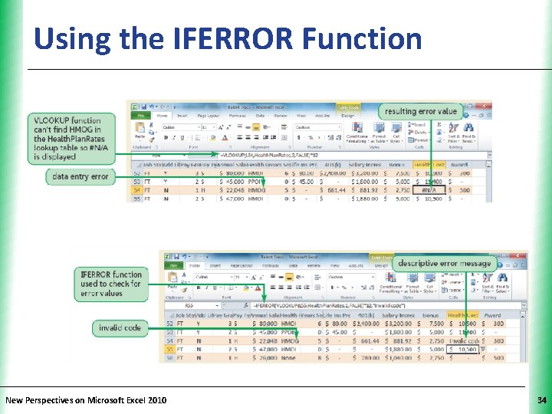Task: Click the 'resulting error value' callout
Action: click(x=421, y=111)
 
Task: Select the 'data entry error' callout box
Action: click(x=80, y=176)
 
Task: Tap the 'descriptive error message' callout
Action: click(x=444, y=263)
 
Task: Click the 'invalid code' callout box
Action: click(x=120, y=328)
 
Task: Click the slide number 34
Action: click(x=542, y=400)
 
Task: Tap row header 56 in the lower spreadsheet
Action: click(x=166, y=357)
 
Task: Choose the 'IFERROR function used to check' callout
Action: click(x=111, y=284)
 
